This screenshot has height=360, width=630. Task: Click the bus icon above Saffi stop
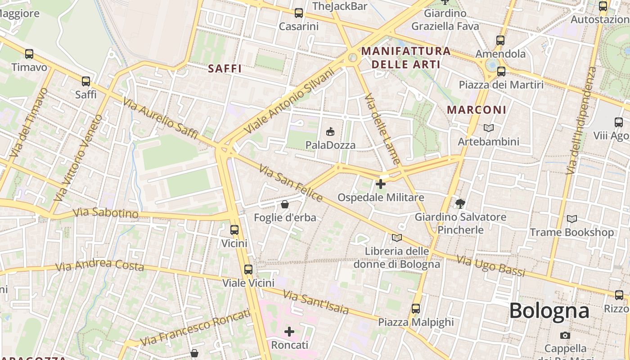pos(86,81)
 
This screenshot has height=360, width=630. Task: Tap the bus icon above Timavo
pos(29,54)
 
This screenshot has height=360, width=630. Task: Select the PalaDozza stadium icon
pos(330,131)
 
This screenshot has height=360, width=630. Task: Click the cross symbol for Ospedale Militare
pos(381,184)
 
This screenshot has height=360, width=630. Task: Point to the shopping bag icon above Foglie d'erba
pos(285,204)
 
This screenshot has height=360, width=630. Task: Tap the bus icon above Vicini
pos(234,230)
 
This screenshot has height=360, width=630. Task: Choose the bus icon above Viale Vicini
pos(248,270)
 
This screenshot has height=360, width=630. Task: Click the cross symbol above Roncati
pos(289,332)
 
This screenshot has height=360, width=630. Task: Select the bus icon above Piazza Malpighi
pos(416,309)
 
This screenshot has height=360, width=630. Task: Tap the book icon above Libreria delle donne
pos(396,238)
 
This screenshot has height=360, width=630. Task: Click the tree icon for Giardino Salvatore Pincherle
pos(460,204)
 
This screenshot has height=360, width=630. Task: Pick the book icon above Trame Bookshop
pos(571,219)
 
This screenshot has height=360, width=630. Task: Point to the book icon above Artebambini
pos(488,128)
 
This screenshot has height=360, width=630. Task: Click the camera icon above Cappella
pos(565,335)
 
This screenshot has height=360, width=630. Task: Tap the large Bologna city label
pos(549,310)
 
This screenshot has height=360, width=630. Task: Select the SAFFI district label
pos(225,69)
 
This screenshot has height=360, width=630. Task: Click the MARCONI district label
pos(477,110)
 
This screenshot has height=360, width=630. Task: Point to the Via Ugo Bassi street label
pos(491,265)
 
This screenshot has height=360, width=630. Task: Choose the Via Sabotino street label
pos(106,212)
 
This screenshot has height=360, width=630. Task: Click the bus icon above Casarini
pos(298,13)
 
